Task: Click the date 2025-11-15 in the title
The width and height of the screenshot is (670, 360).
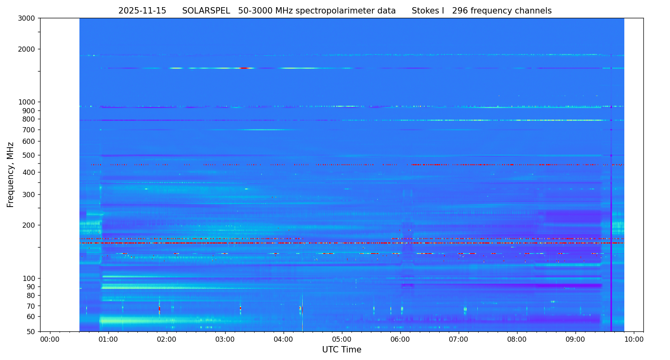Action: pos(142,11)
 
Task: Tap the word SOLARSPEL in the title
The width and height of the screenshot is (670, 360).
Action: pos(206,11)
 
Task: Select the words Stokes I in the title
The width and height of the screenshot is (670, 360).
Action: pos(428,11)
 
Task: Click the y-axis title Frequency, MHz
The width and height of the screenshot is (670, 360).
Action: pos(10,174)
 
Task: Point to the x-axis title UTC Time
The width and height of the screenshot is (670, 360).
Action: pos(342,350)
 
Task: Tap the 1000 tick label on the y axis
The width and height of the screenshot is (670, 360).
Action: pos(27,102)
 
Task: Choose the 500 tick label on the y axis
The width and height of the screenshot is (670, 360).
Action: pos(29,155)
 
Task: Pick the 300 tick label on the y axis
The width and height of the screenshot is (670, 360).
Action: pos(29,194)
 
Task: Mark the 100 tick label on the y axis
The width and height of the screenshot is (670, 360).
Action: pos(29,278)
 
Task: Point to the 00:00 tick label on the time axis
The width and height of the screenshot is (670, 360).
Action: pos(50,339)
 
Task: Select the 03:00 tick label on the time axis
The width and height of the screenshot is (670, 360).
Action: pos(225,339)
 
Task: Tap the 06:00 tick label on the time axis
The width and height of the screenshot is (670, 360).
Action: pos(400,339)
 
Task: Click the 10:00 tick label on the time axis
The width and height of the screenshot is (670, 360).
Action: pos(634,339)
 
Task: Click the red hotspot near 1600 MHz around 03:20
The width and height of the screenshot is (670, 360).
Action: pos(245,68)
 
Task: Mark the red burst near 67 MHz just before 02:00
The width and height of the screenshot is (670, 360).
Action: pos(159,308)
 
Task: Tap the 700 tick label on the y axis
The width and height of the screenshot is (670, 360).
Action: pos(29,130)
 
